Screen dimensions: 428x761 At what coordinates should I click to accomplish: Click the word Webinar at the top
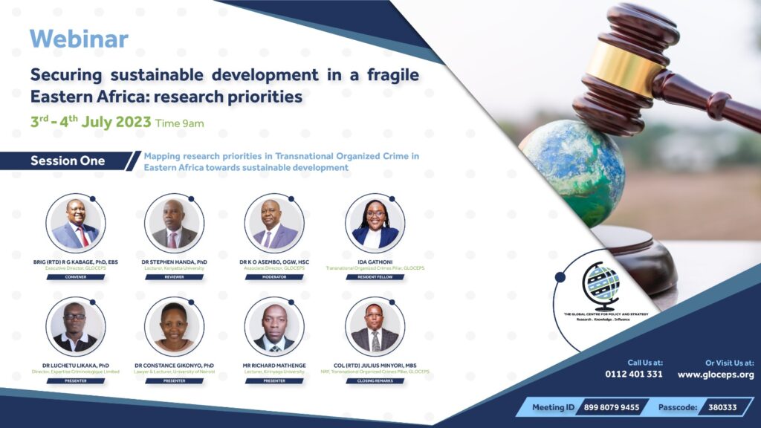pyautogui.click(x=80, y=39)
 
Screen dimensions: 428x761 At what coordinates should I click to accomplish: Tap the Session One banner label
pyautogui.click(x=68, y=161)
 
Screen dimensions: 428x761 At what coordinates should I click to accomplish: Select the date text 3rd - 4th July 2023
pyautogui.click(x=91, y=122)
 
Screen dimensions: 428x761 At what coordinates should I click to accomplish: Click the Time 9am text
pyautogui.click(x=179, y=123)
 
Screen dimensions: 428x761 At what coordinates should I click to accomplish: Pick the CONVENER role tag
pyautogui.click(x=75, y=277)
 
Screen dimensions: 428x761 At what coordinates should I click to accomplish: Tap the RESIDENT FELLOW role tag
pyautogui.click(x=375, y=277)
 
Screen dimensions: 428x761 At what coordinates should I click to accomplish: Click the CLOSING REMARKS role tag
pyautogui.click(x=375, y=380)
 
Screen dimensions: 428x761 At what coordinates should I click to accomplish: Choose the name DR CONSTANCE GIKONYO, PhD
pyautogui.click(x=174, y=365)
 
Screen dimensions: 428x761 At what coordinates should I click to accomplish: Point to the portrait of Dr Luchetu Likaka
pyautogui.click(x=75, y=326)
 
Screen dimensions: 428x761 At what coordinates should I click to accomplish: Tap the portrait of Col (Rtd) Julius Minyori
pyautogui.click(x=375, y=326)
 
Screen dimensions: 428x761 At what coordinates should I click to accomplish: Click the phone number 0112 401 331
pyautogui.click(x=633, y=374)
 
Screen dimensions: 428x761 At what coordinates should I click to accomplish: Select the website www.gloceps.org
pyautogui.click(x=715, y=374)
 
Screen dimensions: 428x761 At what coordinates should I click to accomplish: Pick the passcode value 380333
pyautogui.click(x=722, y=407)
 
